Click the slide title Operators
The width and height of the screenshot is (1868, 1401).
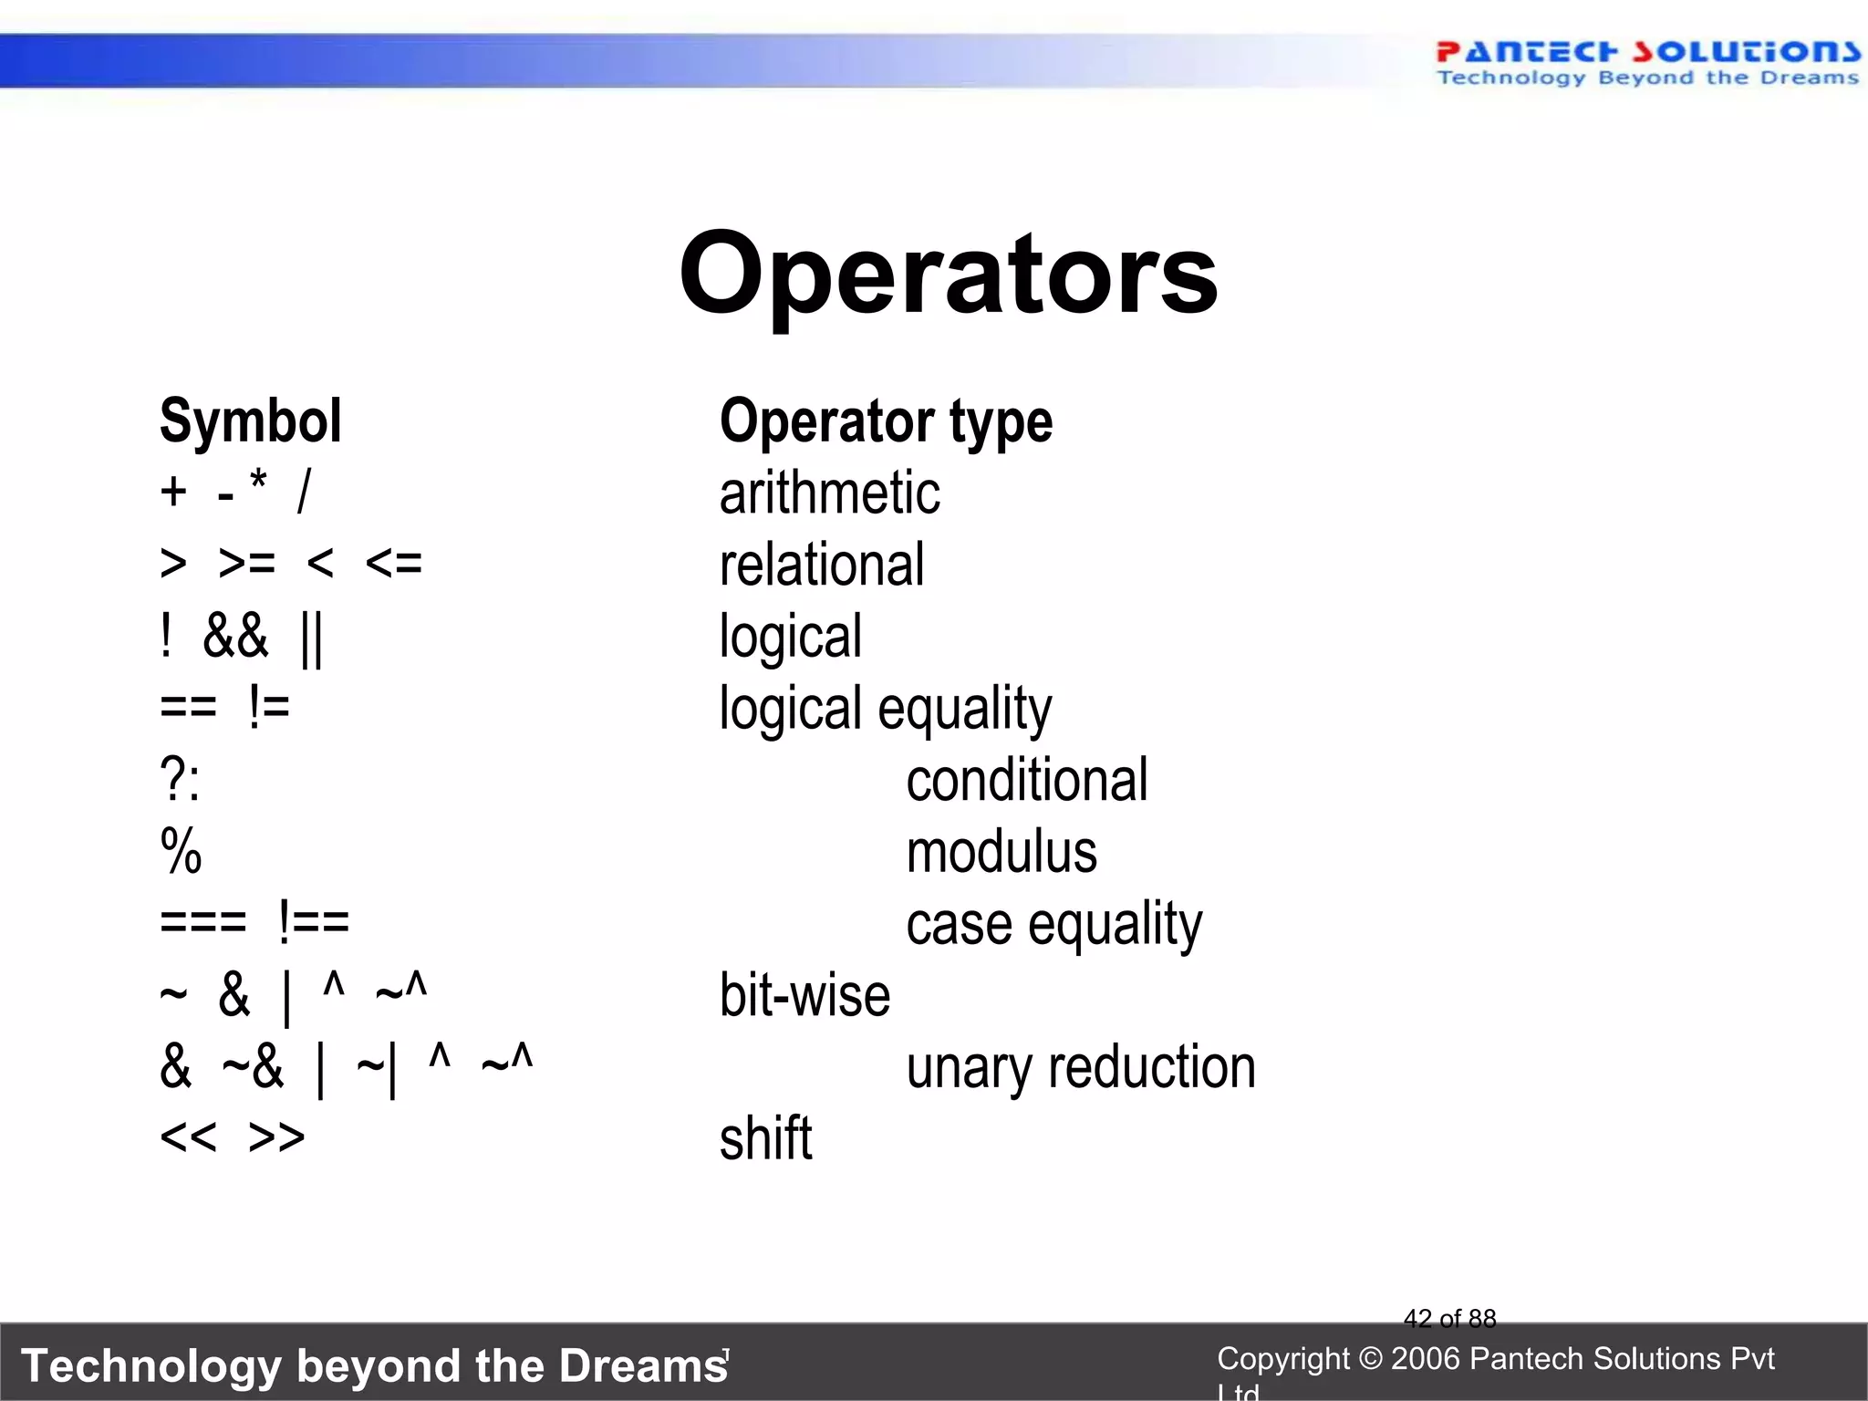coord(948,274)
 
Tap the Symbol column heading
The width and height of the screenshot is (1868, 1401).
coord(250,421)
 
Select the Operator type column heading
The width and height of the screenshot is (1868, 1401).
coord(886,421)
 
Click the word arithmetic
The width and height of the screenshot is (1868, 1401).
coord(829,493)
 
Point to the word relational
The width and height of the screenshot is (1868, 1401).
coord(822,565)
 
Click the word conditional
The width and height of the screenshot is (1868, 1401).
coord(1026,781)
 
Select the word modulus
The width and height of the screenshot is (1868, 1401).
coord(1001,853)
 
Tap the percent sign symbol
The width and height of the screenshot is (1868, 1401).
coord(181,852)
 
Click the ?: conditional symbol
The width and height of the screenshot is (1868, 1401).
coord(180,781)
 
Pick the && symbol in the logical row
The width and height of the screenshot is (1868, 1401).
coord(235,637)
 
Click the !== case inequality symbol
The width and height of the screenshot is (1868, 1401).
coord(313,922)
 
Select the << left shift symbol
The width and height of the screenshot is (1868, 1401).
coord(188,1137)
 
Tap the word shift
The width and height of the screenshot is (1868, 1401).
coord(765,1138)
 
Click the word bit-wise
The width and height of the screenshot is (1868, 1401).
coord(804,995)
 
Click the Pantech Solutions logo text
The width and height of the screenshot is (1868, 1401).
coord(1647,53)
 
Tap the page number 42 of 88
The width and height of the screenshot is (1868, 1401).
coord(1449,1318)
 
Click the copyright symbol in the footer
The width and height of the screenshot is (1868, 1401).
coord(1370,1359)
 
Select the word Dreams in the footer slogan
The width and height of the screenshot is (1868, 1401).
coord(643,1365)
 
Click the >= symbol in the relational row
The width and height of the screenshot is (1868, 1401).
coord(246,565)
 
